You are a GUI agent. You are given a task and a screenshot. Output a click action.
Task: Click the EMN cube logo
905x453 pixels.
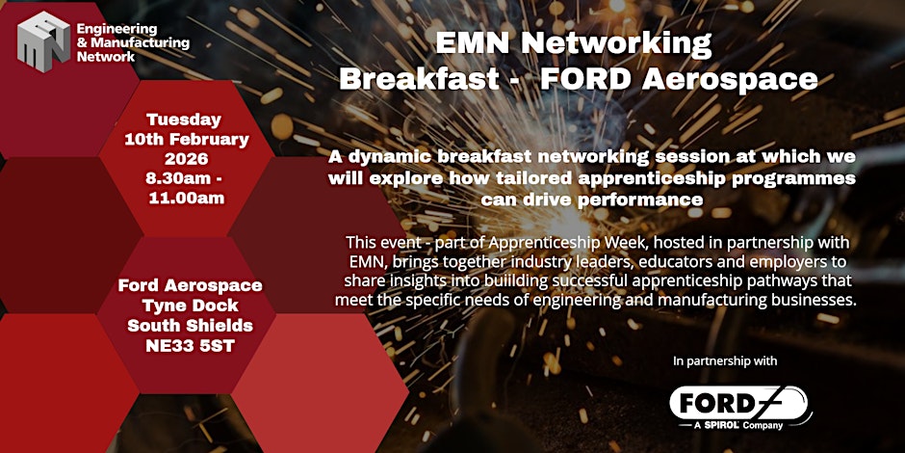tap(44, 41)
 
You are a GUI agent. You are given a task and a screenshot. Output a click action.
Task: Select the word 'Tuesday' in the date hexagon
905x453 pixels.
tap(184, 120)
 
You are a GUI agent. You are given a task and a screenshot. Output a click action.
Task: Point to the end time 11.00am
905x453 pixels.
tap(187, 199)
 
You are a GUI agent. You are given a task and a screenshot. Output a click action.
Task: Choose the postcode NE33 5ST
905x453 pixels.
tap(190, 347)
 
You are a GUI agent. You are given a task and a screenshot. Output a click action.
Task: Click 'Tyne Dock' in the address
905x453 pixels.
tap(190, 306)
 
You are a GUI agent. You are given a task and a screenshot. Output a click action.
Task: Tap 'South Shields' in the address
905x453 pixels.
tap(190, 326)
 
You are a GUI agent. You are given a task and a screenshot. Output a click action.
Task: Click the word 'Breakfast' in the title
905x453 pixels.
tap(419, 80)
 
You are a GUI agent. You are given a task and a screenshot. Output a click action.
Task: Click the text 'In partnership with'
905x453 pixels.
tap(725, 361)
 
